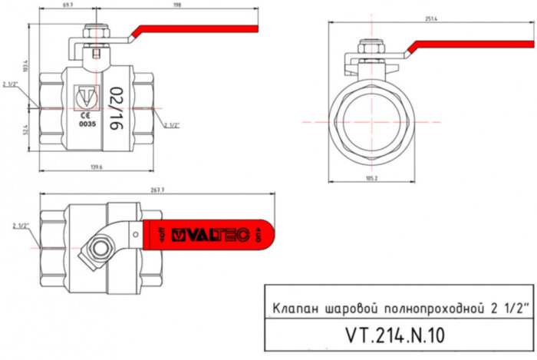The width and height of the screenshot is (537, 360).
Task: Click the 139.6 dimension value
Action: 97,167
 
